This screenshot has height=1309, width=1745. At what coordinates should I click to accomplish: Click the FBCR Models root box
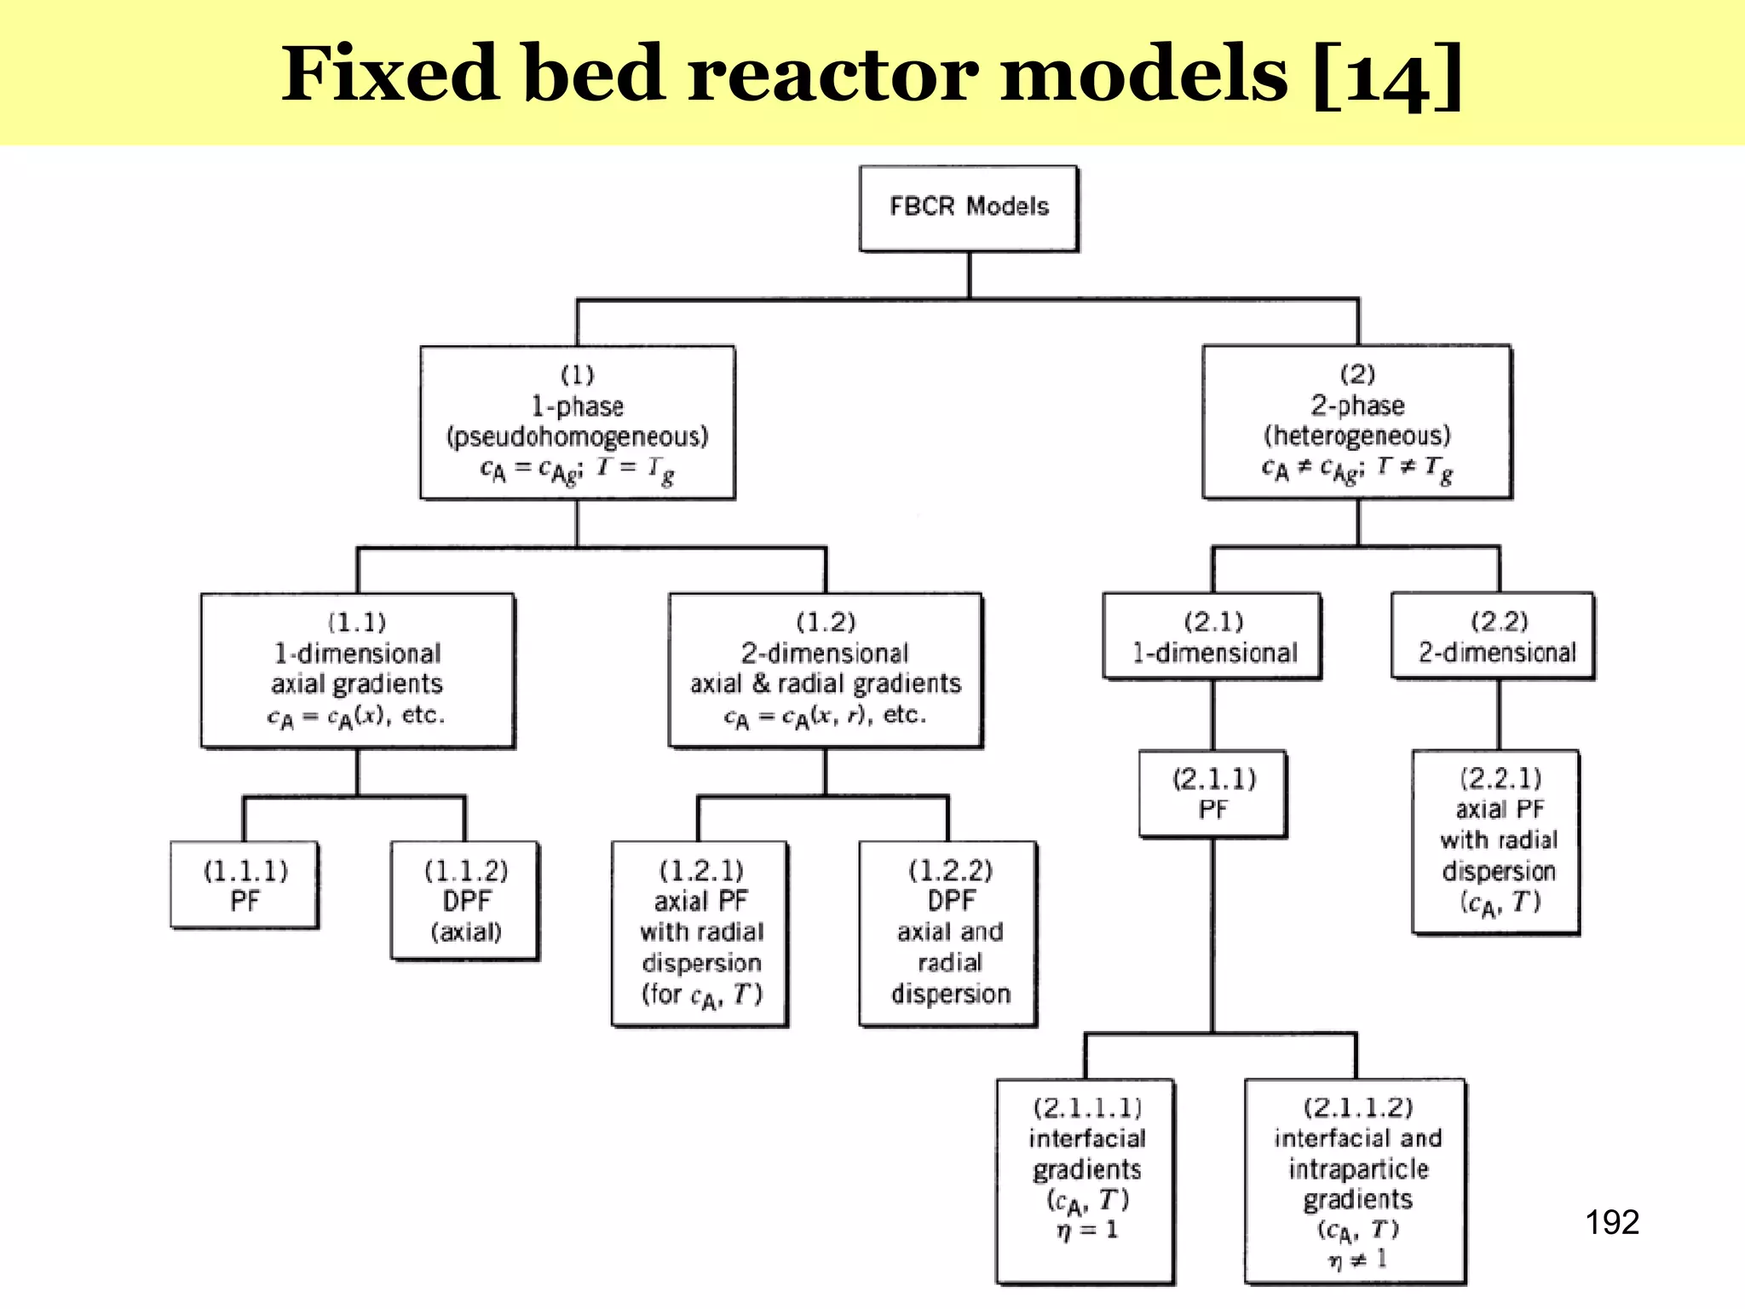coord(969,208)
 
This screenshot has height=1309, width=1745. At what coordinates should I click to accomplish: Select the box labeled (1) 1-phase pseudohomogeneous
coord(577,422)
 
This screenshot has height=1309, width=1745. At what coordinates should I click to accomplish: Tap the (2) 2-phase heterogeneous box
coord(1356,421)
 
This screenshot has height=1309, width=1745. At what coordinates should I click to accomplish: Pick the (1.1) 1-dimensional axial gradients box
coord(357,670)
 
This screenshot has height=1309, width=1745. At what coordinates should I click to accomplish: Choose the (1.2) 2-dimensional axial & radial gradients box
coord(825,670)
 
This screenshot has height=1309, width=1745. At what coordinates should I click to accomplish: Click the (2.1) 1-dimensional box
coord(1212,636)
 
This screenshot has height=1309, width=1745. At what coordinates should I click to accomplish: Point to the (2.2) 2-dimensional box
coord(1493,636)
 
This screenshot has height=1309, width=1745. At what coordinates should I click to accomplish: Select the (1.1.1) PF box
coord(245,885)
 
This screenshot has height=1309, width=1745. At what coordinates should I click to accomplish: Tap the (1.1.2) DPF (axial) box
coord(465,900)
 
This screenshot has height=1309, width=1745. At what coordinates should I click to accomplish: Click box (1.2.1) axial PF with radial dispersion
coord(700,933)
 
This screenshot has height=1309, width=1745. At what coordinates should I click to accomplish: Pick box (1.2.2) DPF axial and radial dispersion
coord(948,933)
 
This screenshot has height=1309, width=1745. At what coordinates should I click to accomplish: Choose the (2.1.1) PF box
coord(1212,793)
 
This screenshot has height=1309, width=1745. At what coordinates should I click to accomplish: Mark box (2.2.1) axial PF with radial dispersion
coord(1496,841)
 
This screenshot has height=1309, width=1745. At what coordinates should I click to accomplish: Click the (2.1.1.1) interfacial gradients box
coord(1086,1180)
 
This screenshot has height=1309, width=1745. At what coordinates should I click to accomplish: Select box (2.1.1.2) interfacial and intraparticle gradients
coord(1356,1180)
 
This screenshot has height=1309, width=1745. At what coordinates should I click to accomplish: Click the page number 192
coord(1611,1222)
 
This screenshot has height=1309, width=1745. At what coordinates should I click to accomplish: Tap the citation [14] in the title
coord(1388,75)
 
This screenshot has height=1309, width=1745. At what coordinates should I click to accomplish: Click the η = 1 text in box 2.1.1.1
coord(1086,1230)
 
